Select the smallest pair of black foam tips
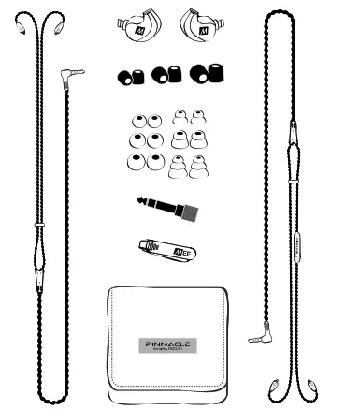[131, 75]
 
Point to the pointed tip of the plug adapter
[139, 202]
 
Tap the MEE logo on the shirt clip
[181, 249]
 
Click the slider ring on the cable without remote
[39, 225]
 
